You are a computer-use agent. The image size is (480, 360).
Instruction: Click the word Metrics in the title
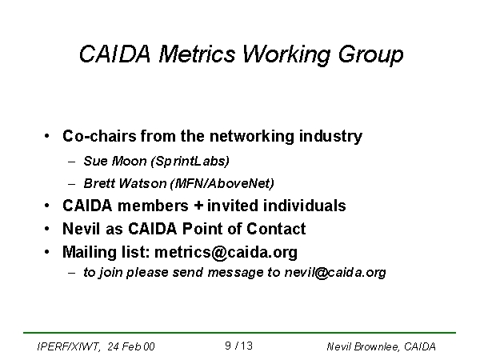coord(197,54)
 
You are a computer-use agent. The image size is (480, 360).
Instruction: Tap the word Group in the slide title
coord(370,55)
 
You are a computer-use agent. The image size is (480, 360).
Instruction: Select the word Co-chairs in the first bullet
coord(99,136)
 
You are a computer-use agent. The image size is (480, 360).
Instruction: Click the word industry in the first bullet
coord(330,136)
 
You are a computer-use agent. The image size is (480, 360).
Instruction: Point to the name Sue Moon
coord(115,161)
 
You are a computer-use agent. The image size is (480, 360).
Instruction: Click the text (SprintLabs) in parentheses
coord(190,162)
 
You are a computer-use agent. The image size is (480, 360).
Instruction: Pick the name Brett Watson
coord(125,183)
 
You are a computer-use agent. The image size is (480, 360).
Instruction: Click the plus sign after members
coord(198,206)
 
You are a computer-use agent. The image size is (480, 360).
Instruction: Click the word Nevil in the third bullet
coord(81,229)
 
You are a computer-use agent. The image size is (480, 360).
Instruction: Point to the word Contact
coord(276,229)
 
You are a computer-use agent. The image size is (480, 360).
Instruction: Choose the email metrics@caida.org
coord(226,253)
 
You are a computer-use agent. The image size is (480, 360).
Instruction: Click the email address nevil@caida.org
coord(335,272)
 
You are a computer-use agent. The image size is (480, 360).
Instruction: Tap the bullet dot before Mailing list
coord(47,252)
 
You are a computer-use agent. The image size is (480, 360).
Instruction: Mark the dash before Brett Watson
coord(72,184)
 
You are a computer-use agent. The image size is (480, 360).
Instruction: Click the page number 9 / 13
coord(238,346)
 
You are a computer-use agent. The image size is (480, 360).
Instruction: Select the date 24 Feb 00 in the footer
coord(131,346)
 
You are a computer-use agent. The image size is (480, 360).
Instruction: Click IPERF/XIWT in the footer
coord(68,347)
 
